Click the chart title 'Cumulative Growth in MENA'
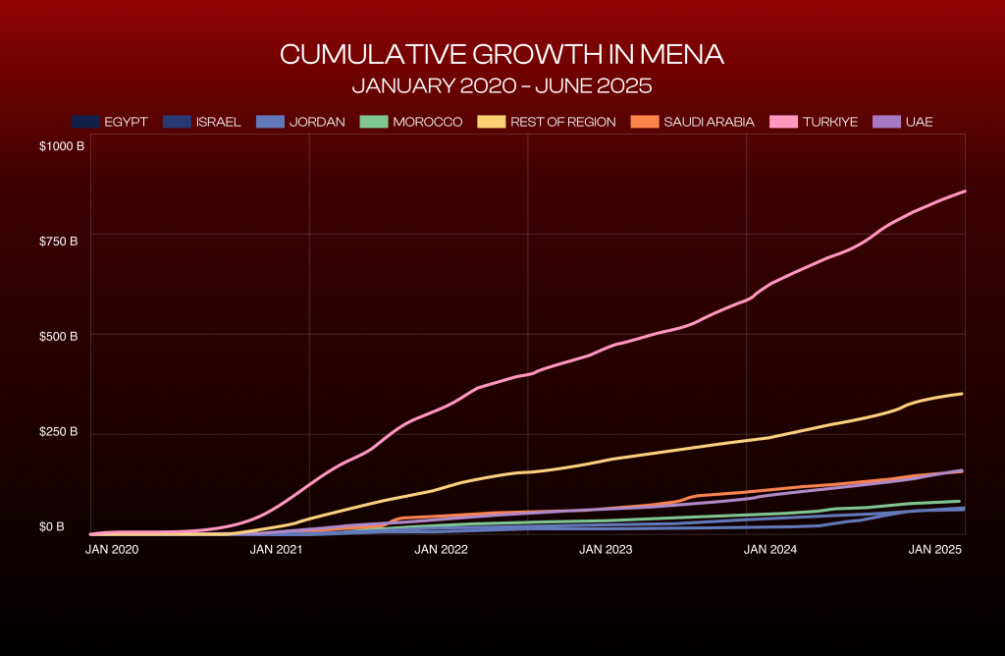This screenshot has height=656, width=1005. [x=502, y=54]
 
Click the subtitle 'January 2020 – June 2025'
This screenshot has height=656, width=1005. [x=502, y=85]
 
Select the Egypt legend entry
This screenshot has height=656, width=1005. [x=110, y=122]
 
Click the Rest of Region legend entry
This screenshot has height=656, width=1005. [x=548, y=122]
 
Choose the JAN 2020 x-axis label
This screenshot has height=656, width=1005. [x=113, y=549]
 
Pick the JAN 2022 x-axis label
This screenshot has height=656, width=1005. [x=440, y=549]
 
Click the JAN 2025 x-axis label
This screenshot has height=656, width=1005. [x=933, y=549]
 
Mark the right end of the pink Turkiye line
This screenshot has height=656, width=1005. [x=965, y=191]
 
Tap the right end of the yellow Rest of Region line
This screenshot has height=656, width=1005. [x=962, y=394]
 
